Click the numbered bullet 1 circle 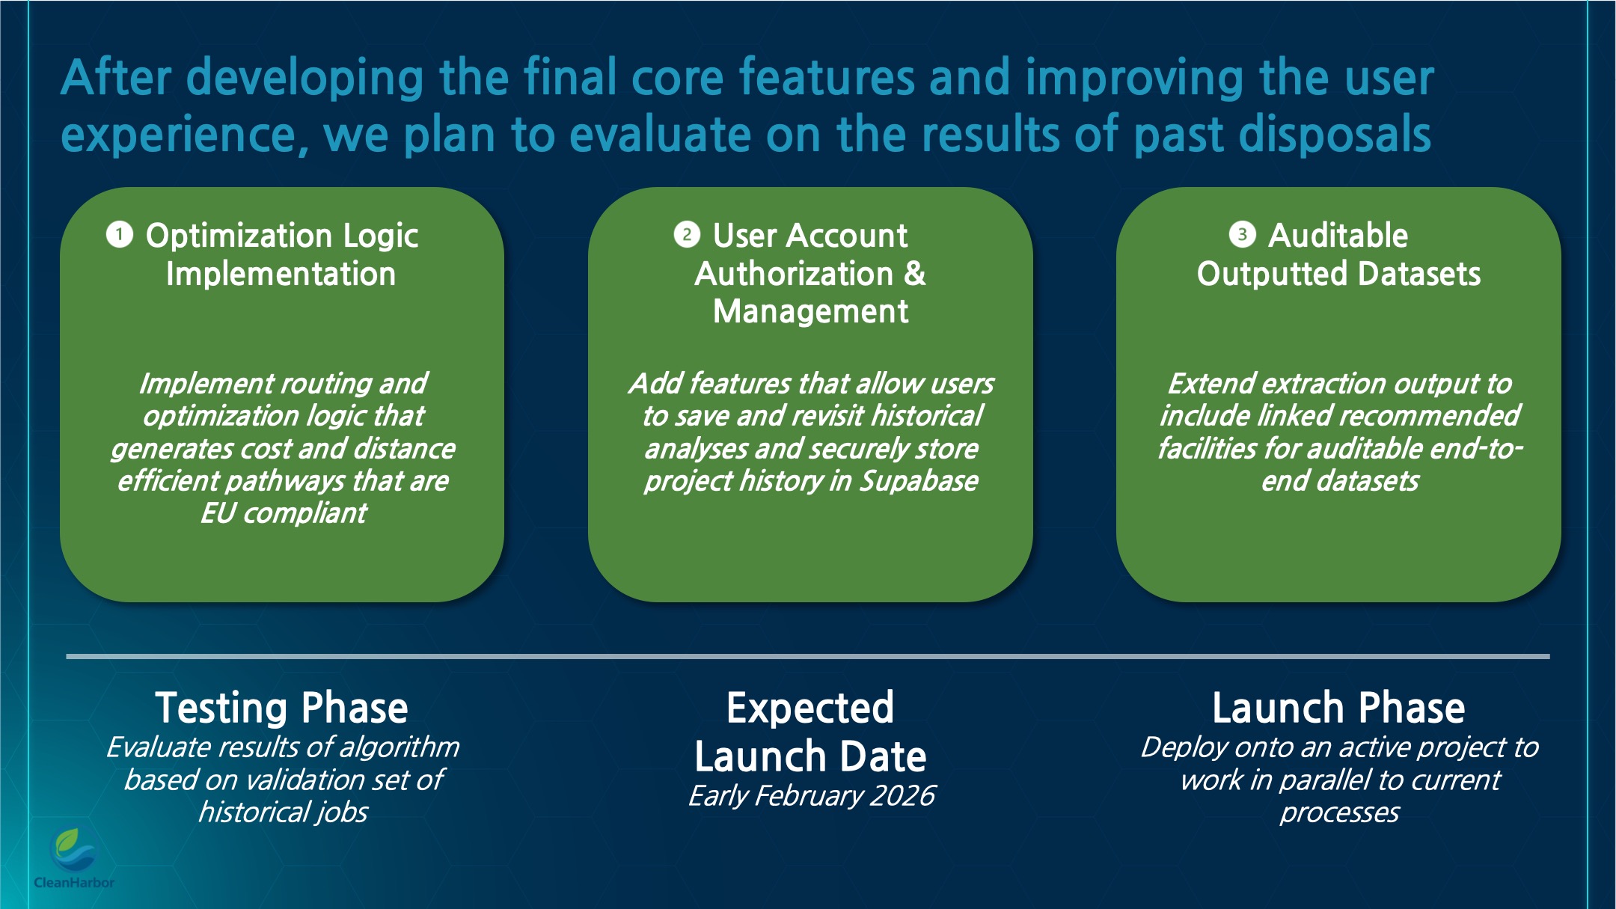(x=120, y=235)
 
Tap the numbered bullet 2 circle (x=687, y=235)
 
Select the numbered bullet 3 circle (x=1242, y=235)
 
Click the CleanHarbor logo (x=73, y=857)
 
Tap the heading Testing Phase (x=281, y=708)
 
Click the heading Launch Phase (x=1338, y=708)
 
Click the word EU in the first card (x=218, y=514)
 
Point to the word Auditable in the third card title (x=1338, y=236)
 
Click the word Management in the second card (x=810, y=311)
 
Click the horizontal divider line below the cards (x=808, y=656)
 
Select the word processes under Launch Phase (x=1339, y=812)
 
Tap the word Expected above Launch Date (x=810, y=708)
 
